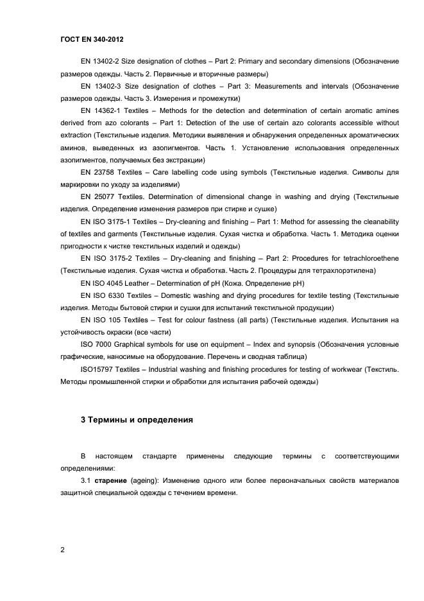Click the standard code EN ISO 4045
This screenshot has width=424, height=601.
point(106,283)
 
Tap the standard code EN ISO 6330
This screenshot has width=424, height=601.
point(106,295)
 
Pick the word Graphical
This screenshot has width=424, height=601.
point(131,345)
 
